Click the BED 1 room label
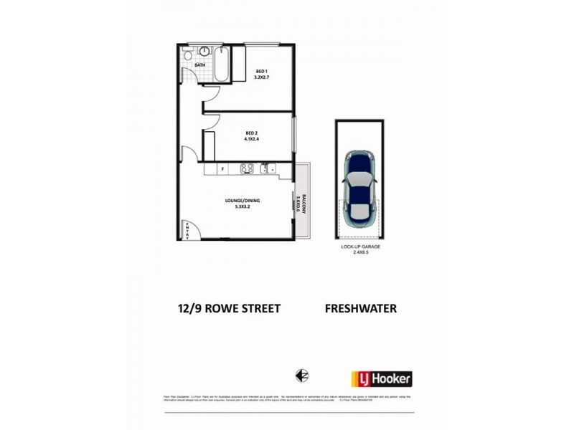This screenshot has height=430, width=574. click(261, 70)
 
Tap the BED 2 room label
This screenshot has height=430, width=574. click(251, 133)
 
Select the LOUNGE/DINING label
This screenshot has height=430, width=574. click(242, 201)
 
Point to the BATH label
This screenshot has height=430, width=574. click(199, 65)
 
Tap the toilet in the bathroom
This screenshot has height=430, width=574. click(187, 54)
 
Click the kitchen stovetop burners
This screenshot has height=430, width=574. click(247, 169)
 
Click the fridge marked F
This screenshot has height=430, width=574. click(223, 170)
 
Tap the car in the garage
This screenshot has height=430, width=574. click(359, 188)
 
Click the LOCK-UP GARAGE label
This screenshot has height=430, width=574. click(360, 247)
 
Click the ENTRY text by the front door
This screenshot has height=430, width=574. click(187, 230)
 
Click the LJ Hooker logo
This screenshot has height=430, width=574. click(381, 378)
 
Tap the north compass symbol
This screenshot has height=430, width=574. click(302, 376)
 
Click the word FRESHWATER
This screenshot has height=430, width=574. click(361, 309)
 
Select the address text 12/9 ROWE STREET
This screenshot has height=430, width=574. click(229, 309)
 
